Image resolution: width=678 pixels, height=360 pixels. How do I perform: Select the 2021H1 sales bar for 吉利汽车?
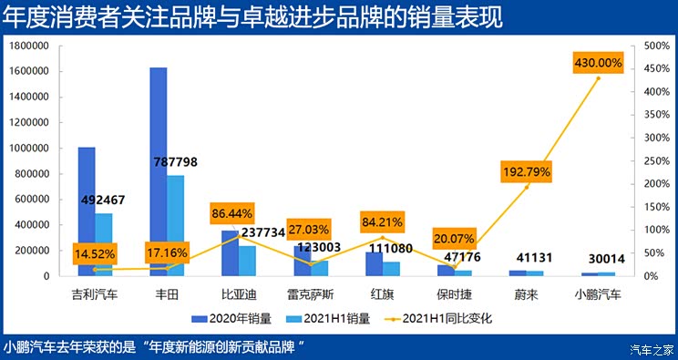[104, 244]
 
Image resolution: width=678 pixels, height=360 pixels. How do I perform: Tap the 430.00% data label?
[598, 63]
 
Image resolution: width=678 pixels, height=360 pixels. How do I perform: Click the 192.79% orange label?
[526, 170]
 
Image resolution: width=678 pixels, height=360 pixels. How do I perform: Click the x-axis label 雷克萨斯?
[311, 294]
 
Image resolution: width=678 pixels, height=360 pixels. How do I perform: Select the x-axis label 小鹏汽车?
[597, 294]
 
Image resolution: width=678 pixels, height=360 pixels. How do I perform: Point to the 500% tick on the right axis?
[656, 46]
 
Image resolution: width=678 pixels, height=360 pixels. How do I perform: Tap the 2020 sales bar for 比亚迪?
[231, 252]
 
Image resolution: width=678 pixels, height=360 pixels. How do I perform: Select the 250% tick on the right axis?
[656, 160]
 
